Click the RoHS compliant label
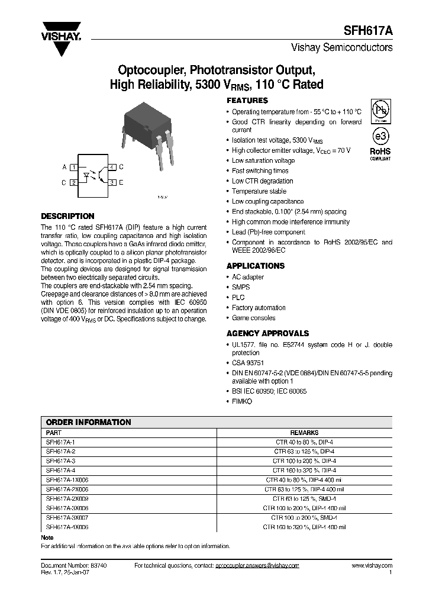click(x=380, y=154)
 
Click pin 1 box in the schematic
click(x=74, y=168)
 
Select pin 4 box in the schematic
click(x=112, y=168)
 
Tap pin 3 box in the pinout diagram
click(x=112, y=183)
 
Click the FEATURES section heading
click(x=247, y=101)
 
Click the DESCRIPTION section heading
click(x=67, y=217)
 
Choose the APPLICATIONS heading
click(x=256, y=266)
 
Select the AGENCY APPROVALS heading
click(x=267, y=333)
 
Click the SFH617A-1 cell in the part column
click(x=60, y=442)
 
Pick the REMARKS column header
click(x=304, y=433)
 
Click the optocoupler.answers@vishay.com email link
click(x=257, y=566)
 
